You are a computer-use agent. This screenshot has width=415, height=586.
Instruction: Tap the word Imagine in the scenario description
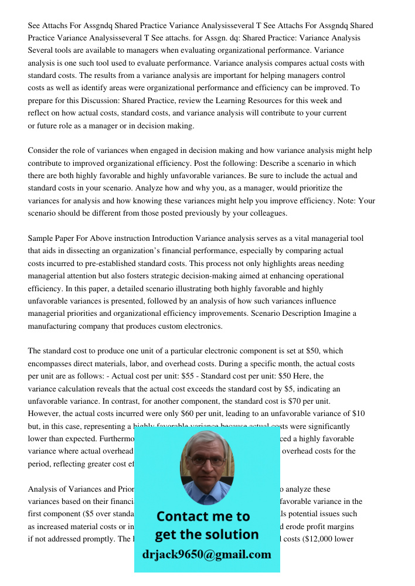tap(336, 314)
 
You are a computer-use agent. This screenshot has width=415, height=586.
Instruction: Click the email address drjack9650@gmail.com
tap(206, 554)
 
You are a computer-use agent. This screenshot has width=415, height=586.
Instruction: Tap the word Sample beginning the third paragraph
tap(40, 239)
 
